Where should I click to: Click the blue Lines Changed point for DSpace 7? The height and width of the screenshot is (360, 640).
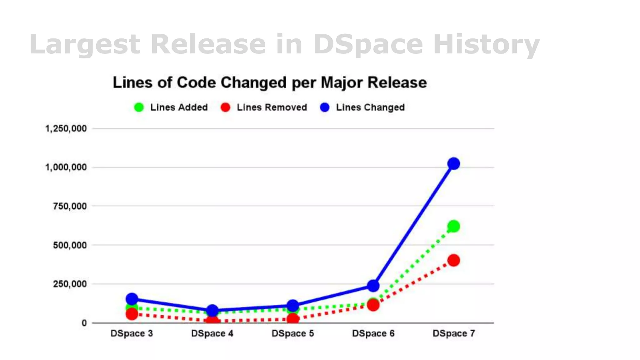(453, 163)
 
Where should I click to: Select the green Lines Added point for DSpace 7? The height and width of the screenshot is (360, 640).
(453, 226)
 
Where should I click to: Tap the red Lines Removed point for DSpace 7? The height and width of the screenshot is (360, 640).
(453, 260)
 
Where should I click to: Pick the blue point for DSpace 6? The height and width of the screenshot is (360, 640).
(373, 286)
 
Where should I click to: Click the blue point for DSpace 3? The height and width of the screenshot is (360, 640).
(132, 299)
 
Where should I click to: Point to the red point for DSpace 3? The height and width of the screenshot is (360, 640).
(132, 314)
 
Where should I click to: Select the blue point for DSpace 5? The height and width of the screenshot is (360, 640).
(293, 305)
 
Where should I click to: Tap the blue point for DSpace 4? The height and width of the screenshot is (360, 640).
(212, 311)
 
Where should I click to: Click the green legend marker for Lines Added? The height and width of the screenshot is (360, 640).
(139, 107)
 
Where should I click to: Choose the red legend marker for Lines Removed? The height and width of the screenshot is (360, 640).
(225, 107)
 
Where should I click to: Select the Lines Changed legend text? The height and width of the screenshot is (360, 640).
(370, 107)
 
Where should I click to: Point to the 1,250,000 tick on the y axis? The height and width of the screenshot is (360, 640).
(66, 128)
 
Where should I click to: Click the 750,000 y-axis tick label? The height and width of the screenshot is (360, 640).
(70, 206)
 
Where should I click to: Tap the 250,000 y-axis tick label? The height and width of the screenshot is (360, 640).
(70, 284)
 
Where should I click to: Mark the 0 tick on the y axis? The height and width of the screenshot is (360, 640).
(84, 323)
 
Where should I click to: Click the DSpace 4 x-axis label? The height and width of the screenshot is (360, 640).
(212, 333)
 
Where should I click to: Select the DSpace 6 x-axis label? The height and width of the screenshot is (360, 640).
(373, 333)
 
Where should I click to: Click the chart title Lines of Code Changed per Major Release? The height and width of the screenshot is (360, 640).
(270, 83)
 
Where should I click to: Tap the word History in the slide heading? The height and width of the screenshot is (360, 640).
(487, 44)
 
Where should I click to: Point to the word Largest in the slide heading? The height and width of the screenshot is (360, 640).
(85, 44)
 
